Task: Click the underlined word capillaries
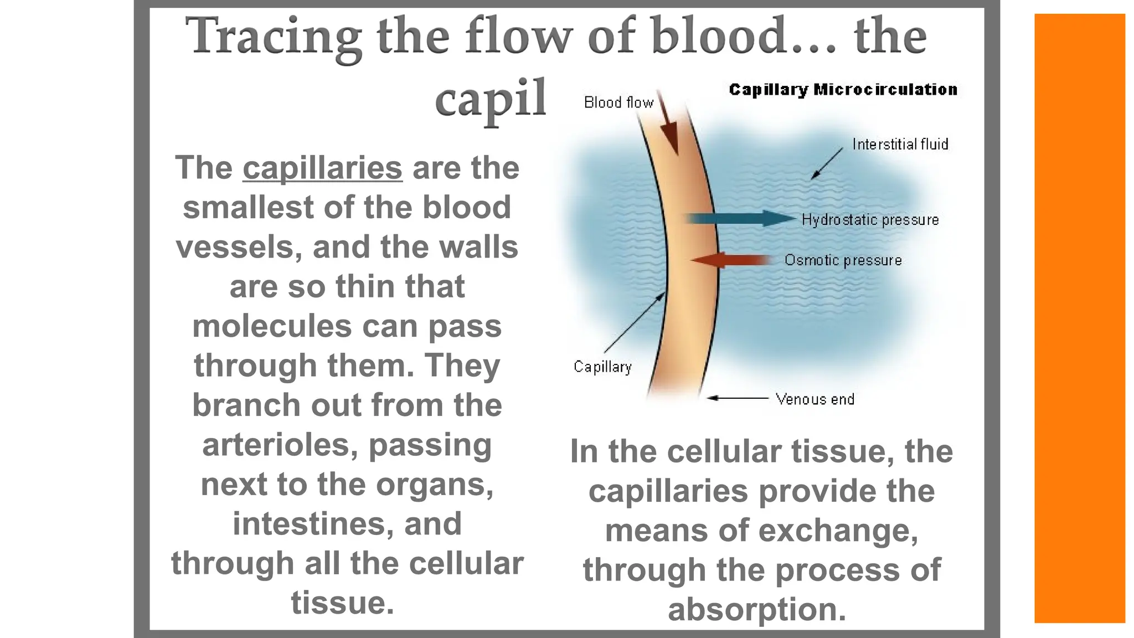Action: pos(322,168)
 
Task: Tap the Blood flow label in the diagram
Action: pos(618,102)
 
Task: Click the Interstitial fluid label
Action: pos(900,145)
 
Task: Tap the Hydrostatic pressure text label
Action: pos(870,220)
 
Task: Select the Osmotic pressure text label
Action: pos(843,260)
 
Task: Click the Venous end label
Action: pos(815,399)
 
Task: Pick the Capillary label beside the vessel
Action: pos(602,367)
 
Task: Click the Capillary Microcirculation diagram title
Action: pos(843,90)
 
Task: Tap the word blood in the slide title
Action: pos(719,35)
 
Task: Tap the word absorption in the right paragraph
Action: pos(757,609)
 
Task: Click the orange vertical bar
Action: pos(1079,318)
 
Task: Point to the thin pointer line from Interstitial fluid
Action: pos(827,163)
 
